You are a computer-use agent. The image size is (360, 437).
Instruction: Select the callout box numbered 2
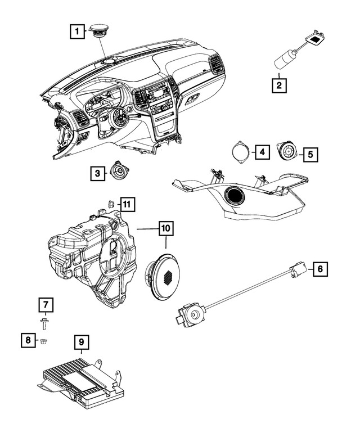(x=277, y=86)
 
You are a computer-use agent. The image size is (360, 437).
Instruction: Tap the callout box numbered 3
(x=97, y=174)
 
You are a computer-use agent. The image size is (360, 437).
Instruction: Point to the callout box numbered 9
(x=81, y=342)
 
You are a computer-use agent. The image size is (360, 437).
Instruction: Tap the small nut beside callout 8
(x=43, y=340)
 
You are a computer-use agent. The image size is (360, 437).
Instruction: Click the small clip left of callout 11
(x=111, y=204)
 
